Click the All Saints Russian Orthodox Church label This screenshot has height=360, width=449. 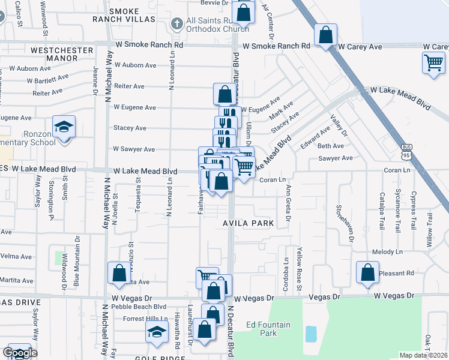tap(217, 25)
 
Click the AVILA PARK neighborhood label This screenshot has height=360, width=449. tap(249, 223)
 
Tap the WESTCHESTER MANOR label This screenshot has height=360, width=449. tap(62, 55)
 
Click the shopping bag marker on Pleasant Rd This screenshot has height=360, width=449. tap(367, 273)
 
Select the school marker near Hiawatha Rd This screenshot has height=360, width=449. tap(157, 332)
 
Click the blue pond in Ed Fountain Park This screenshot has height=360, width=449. tap(310, 333)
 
